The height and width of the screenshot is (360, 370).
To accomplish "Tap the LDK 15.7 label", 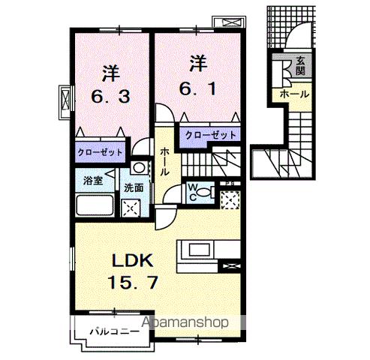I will click(x=134, y=272).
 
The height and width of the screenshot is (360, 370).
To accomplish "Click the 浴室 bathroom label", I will click(x=92, y=181).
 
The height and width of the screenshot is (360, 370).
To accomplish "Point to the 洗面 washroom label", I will click(x=134, y=187).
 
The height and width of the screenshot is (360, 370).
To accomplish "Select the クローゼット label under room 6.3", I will click(x=100, y=152).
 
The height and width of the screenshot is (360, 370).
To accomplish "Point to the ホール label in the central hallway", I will click(x=164, y=160).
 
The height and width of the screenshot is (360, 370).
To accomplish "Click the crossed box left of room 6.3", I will click(x=65, y=98).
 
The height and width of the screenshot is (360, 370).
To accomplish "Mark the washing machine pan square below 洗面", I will click(x=131, y=208).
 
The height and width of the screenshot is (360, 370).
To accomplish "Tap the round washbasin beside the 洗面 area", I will click(x=138, y=168).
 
